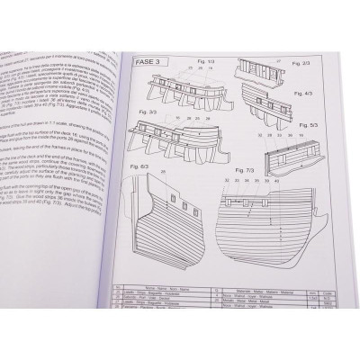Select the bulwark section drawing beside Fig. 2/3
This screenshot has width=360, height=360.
(x=266, y=76)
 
